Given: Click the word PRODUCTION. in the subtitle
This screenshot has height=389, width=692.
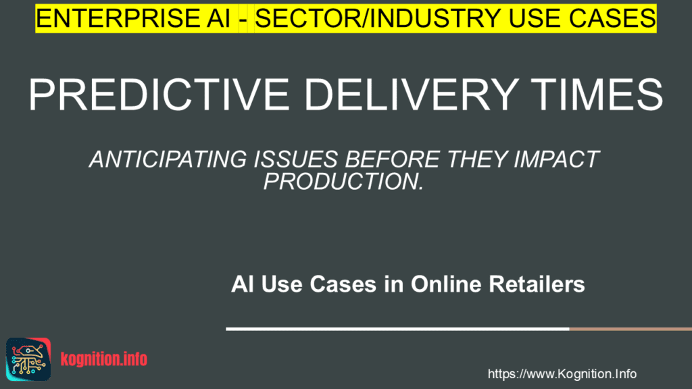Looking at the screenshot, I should [x=343, y=181].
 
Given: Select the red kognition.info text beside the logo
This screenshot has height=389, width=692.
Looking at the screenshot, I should [x=103, y=359].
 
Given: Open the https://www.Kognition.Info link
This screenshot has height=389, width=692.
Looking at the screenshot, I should [x=562, y=373].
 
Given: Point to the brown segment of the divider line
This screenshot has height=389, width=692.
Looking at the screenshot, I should [x=630, y=329].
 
